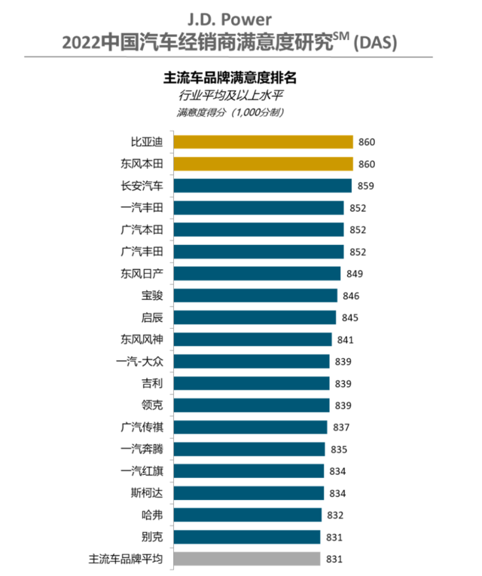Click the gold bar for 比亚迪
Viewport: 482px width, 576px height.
point(264,142)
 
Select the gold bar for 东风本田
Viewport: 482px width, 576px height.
point(264,164)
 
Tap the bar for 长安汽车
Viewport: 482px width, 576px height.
point(263,185)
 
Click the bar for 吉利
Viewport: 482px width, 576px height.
point(252,383)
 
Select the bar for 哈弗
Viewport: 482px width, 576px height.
point(250,515)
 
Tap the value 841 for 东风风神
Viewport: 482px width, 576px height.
point(347,339)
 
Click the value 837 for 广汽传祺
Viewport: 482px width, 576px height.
point(343,427)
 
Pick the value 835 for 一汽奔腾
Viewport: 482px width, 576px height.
point(340,449)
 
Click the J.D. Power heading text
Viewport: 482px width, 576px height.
point(240,17)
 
